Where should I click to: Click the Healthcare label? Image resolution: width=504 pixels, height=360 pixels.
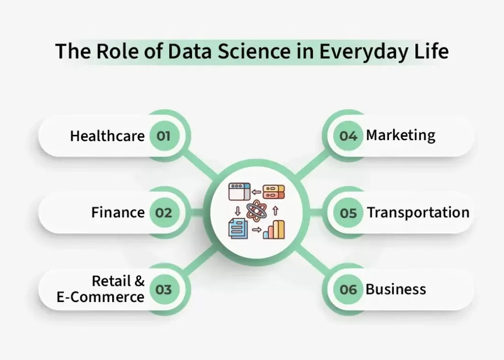[x=107, y=136]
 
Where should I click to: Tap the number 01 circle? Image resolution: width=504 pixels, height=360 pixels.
[x=163, y=136]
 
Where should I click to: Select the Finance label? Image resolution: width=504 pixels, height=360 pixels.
[x=118, y=212]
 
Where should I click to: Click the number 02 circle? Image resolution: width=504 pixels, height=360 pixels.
[x=163, y=212]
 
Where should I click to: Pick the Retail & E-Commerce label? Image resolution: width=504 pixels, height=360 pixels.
[x=100, y=289]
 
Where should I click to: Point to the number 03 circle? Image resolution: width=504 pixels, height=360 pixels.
[x=163, y=290]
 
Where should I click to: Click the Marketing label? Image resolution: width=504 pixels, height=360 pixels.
[x=401, y=136]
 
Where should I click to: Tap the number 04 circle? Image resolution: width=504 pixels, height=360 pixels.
[x=348, y=136]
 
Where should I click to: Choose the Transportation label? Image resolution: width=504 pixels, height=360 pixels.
[x=418, y=212]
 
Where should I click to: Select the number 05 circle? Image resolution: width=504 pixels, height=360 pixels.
[x=348, y=213]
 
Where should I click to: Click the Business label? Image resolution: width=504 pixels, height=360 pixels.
[x=396, y=289]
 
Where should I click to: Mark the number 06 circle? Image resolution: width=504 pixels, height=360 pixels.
[x=348, y=290]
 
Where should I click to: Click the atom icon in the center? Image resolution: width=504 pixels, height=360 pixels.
[x=256, y=210]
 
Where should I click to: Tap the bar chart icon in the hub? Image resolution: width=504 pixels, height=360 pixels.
[x=274, y=229]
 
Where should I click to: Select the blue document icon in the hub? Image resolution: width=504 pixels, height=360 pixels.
[x=238, y=228]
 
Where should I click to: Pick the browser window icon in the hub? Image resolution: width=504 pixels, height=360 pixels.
[x=240, y=192]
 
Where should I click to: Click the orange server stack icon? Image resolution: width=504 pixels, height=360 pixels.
[x=274, y=192]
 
